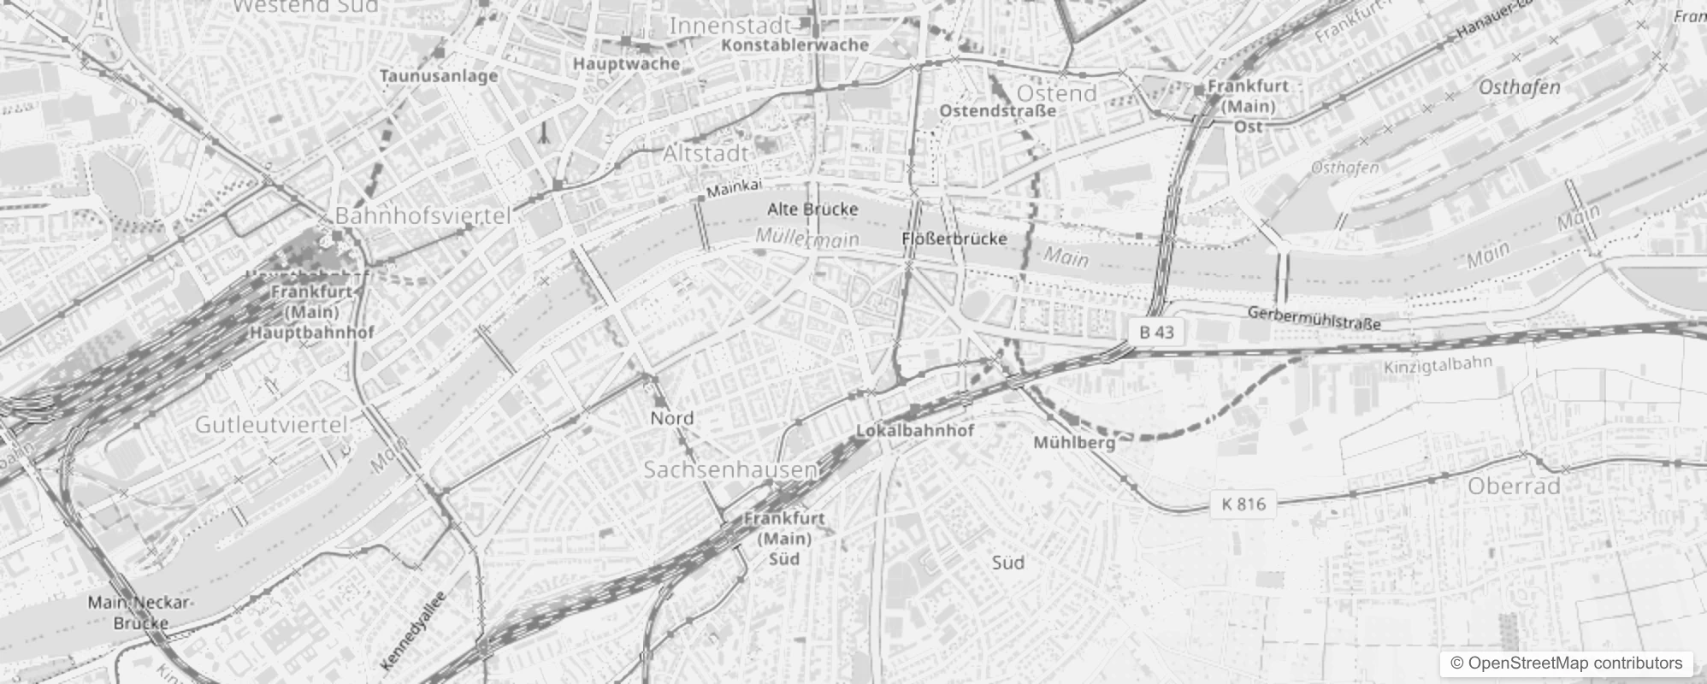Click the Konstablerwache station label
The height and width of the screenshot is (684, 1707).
(794, 44)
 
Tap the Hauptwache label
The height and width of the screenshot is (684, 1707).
(626, 63)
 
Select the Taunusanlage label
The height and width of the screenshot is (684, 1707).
(438, 76)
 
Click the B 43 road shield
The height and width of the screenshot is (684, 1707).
(1156, 332)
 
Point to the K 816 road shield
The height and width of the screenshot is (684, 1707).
(1243, 504)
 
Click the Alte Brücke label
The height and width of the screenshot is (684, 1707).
(812, 209)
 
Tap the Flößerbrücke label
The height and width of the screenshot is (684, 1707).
(954, 239)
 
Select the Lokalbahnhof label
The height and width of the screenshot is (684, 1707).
(914, 430)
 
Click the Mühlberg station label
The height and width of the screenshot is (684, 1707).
(1074, 442)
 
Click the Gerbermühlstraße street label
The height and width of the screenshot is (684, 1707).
(1314, 317)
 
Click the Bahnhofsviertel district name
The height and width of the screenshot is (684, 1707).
(422, 215)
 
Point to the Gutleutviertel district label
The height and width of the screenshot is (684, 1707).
(271, 424)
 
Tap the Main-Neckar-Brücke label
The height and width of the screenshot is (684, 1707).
(140, 612)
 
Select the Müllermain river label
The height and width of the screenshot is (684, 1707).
(806, 239)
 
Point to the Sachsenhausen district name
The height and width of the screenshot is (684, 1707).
(729, 469)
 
